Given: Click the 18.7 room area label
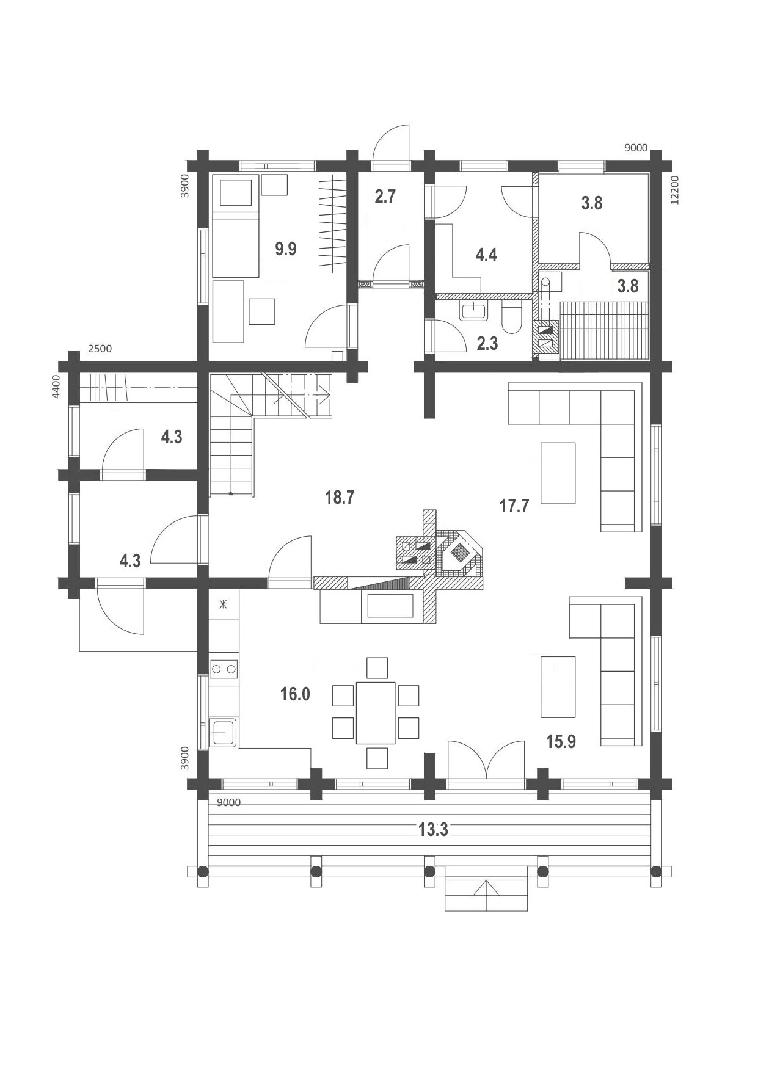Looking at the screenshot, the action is pos(340,497).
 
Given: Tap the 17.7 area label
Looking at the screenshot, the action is pos(514,506).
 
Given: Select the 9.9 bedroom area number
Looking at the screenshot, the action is pos(285,249).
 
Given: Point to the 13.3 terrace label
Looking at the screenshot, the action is pos(433,829).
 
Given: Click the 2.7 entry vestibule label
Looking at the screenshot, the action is pos(385,197).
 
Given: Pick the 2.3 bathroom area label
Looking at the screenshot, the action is pos(487,343).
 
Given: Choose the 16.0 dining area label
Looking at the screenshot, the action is pos(295,694).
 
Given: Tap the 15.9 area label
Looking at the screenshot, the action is pos(561,741).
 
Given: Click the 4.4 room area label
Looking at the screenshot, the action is pos(486,255).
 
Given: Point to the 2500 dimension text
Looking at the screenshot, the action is pos(100,349).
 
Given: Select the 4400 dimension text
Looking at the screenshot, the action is pos(56,387).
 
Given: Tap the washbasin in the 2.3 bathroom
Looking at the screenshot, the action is pos(474,311).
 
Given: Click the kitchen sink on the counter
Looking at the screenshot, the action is pos(223,732).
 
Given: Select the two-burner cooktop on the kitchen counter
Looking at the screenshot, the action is pos(223,669).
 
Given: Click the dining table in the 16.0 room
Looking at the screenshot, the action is pos(376,713).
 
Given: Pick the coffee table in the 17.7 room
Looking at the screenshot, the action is pos(558,473).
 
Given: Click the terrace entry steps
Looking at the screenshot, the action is pos(486,889).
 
